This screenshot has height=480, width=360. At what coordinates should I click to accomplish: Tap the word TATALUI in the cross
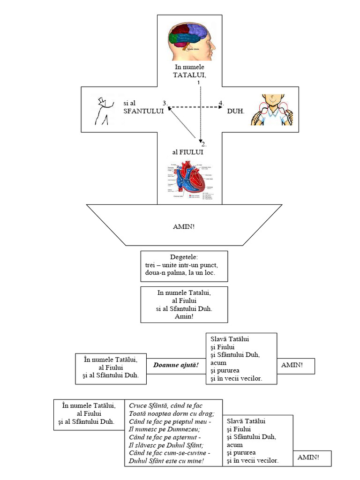click(x=189, y=75)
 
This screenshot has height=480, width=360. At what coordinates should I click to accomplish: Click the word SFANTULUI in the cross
click(x=142, y=111)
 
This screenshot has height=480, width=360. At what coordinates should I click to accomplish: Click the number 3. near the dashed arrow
click(x=165, y=103)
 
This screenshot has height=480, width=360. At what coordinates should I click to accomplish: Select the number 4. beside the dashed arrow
click(x=221, y=103)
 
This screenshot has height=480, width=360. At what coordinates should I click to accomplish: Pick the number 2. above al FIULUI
click(x=204, y=144)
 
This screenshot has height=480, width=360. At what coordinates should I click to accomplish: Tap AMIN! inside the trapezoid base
click(x=184, y=227)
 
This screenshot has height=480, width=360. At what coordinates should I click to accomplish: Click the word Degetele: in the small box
click(x=184, y=257)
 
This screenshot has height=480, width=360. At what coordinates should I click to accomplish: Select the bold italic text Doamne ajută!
click(x=176, y=365)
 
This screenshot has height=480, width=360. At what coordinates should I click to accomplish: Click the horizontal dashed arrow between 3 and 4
click(x=195, y=108)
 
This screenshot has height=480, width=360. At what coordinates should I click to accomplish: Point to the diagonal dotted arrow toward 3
click(x=182, y=123)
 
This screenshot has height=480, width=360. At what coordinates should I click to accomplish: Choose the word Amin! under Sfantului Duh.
click(x=184, y=316)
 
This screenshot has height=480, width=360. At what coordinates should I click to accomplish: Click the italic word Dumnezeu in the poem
click(x=181, y=429)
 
